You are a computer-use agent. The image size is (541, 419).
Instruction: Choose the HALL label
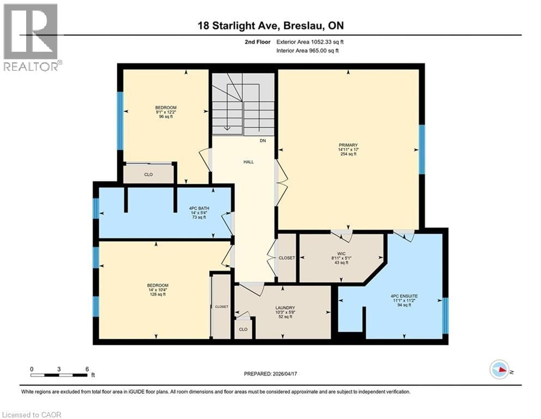coord(249,162)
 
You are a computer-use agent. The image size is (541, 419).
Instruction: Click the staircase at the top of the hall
coord(243,103)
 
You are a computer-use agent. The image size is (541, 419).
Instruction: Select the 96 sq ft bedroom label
coord(165,112)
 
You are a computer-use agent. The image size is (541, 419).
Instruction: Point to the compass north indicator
coord(500,370)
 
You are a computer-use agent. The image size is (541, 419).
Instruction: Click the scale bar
coord(60,375)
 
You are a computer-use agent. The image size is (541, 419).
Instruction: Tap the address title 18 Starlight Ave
coord(270,26)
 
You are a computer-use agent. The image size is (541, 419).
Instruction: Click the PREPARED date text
coord(271,374)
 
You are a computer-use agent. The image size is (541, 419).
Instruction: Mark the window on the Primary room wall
coord(421,149)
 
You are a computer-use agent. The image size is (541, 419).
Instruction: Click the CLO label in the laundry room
coord(243,330)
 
